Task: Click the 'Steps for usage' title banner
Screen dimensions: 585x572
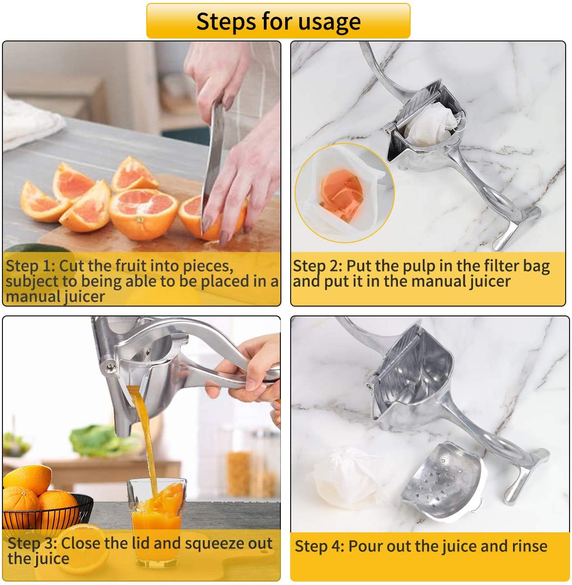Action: (x=278, y=21)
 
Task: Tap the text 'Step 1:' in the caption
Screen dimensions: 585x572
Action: (x=30, y=266)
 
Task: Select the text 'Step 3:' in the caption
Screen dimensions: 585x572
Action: (x=32, y=543)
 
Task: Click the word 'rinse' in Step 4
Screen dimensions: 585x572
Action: (x=529, y=546)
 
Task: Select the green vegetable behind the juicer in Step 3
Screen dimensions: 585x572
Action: (x=98, y=439)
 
